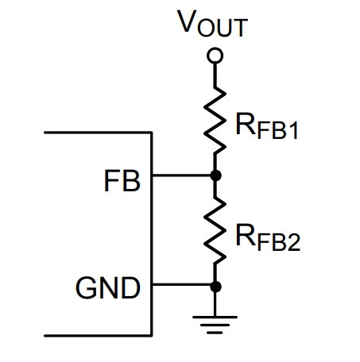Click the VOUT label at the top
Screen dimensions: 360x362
213,23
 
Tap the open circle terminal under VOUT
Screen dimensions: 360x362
215,56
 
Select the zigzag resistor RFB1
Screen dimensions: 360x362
215,121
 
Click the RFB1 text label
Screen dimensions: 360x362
267,126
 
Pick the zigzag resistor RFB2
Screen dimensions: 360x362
215,230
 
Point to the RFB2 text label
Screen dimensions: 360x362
268,237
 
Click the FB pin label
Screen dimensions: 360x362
122,181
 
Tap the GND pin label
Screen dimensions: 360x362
108,287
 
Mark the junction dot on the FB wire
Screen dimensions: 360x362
215,175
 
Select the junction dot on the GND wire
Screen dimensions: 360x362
215,287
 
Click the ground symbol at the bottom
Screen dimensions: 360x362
215,325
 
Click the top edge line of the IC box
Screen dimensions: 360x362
98,133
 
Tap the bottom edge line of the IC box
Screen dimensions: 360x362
98,336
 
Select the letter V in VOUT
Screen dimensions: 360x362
187,21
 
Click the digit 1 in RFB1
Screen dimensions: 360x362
294,130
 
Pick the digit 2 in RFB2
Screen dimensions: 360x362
294,242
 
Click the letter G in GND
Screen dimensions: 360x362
86,287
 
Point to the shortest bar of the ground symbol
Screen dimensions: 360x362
215,333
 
